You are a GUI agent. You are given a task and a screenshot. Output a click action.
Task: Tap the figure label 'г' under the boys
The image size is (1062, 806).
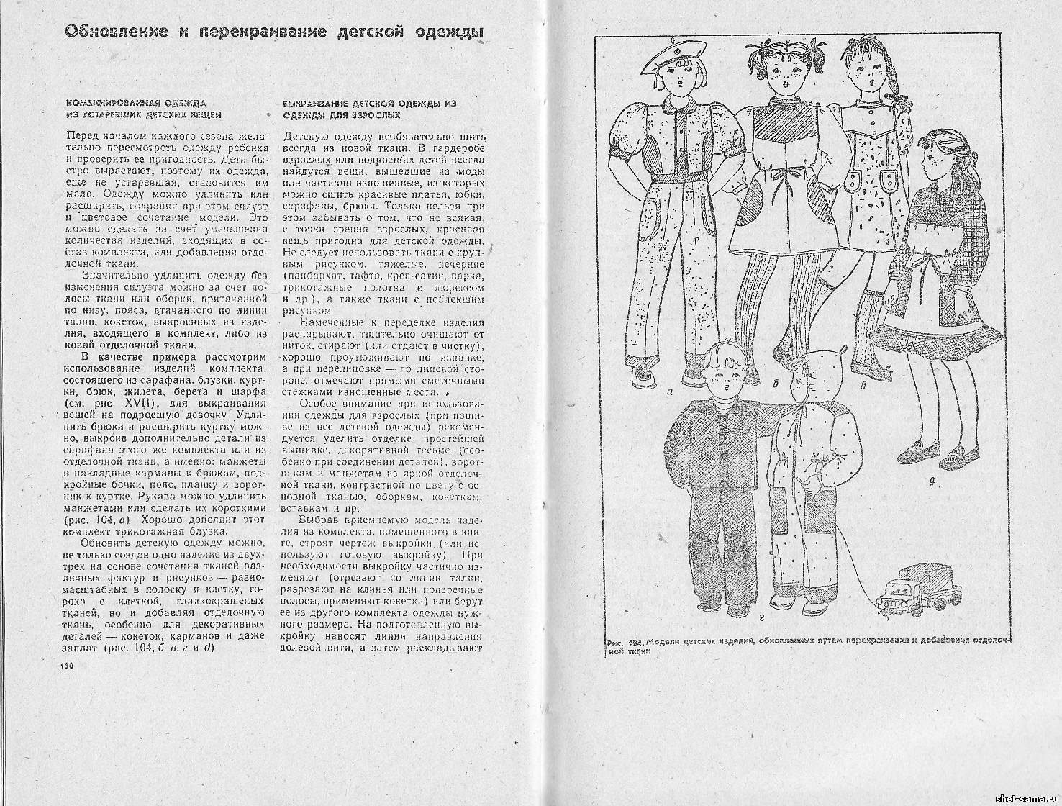pyautogui.click(x=760, y=617)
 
